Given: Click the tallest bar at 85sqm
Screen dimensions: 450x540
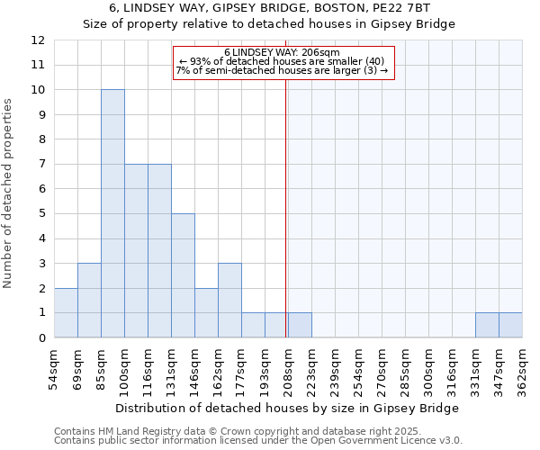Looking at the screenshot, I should [x=112, y=213].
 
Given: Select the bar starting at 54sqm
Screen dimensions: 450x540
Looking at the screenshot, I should [x=66, y=312].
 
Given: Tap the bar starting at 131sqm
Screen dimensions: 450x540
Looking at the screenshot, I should [x=183, y=275].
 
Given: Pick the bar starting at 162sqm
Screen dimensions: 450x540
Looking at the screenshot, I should [x=229, y=301].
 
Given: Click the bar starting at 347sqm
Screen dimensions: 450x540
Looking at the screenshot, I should [x=510, y=325].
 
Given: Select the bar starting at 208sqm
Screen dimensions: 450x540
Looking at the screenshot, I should [x=300, y=325].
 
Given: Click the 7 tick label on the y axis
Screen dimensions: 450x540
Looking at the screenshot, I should [x=40, y=165].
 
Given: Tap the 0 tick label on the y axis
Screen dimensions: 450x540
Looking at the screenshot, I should [x=40, y=338].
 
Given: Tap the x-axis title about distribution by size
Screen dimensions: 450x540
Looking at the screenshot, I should [x=287, y=408].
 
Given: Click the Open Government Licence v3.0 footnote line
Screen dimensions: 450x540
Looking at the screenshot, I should [x=258, y=441].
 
